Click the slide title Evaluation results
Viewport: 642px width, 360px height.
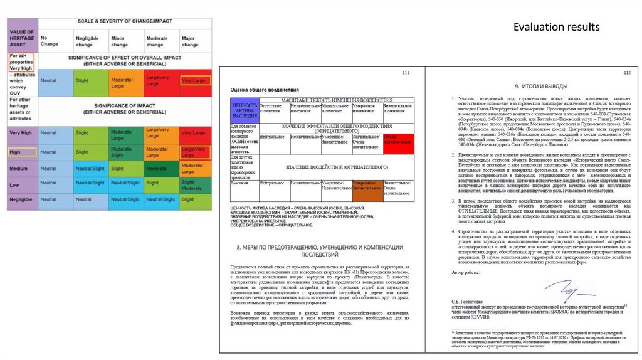click(x=557, y=27)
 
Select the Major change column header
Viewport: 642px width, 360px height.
click(x=190, y=41)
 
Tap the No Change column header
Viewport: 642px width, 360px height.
click(x=49, y=41)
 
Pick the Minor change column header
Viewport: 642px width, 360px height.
click(x=120, y=41)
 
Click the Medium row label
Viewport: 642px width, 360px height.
click(x=19, y=169)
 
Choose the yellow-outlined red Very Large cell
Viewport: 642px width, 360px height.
click(x=195, y=81)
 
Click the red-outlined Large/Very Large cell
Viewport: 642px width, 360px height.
click(x=195, y=151)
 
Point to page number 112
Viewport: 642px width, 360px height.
click(x=626, y=73)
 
